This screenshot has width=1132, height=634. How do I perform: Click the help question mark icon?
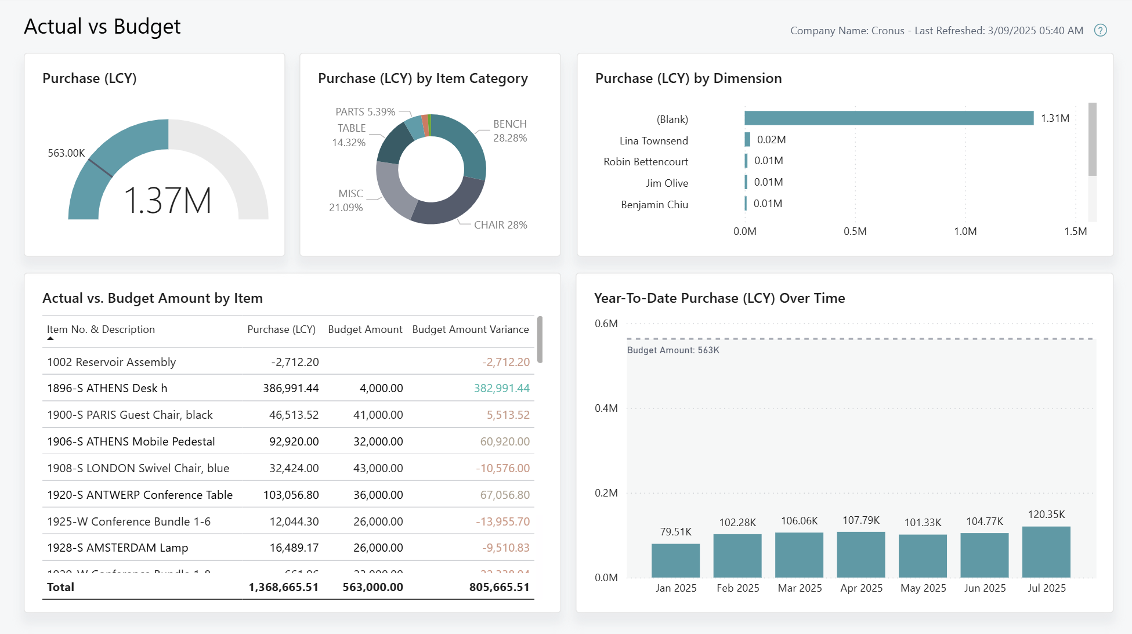pyautogui.click(x=1100, y=31)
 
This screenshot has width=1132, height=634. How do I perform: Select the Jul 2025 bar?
pyautogui.click(x=1046, y=552)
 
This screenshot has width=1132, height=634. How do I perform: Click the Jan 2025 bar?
pyautogui.click(x=675, y=560)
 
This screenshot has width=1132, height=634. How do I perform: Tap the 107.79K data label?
pyautogui.click(x=861, y=520)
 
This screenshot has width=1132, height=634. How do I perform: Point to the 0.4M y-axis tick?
pyautogui.click(x=606, y=408)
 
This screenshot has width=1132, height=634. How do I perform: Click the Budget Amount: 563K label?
pyautogui.click(x=673, y=350)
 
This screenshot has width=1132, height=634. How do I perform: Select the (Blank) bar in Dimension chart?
pyautogui.click(x=888, y=118)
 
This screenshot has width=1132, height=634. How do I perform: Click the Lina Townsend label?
pyautogui.click(x=653, y=141)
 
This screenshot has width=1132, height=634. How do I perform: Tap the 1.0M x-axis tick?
pyautogui.click(x=965, y=231)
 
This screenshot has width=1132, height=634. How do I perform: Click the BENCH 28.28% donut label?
pyautogui.click(x=509, y=131)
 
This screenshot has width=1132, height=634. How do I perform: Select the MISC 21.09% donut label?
pyautogui.click(x=346, y=201)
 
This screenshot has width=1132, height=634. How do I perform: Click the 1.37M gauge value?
pyautogui.click(x=168, y=201)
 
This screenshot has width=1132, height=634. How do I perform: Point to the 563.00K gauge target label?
pyautogui.click(x=66, y=153)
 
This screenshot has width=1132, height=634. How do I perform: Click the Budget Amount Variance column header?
pyautogui.click(x=470, y=329)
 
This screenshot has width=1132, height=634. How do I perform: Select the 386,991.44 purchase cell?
pyautogui.click(x=291, y=388)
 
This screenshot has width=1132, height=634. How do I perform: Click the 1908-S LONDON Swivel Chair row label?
pyautogui.click(x=138, y=468)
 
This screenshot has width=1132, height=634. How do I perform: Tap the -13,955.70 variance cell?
pyautogui.click(x=502, y=521)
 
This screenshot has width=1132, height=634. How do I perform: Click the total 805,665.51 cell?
pyautogui.click(x=499, y=587)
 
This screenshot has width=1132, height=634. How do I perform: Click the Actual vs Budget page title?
pyautogui.click(x=102, y=27)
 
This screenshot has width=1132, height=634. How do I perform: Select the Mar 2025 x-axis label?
pyautogui.click(x=800, y=588)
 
